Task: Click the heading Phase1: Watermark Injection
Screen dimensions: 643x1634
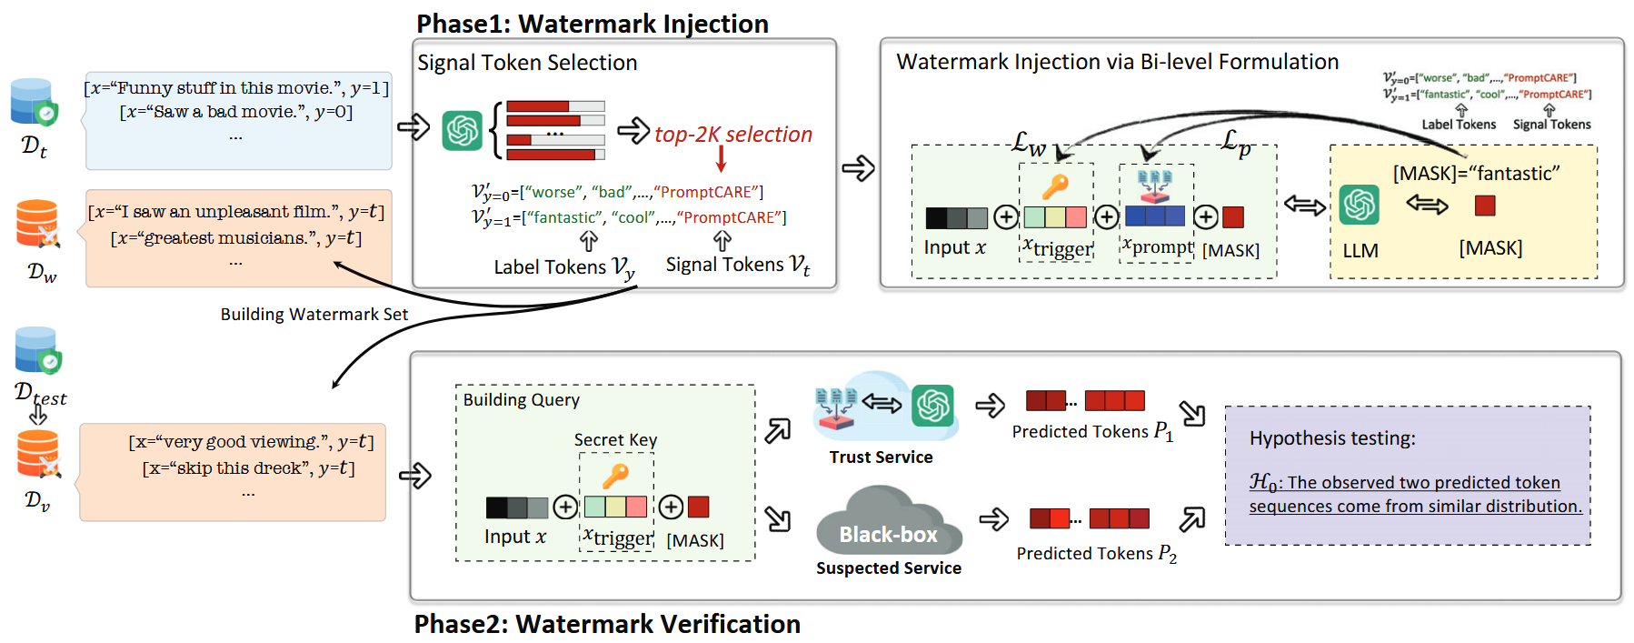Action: click(x=592, y=24)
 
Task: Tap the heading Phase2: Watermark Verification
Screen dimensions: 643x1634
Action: click(x=606, y=624)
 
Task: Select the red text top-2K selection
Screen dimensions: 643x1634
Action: click(x=732, y=135)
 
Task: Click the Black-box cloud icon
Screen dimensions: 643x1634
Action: click(x=888, y=523)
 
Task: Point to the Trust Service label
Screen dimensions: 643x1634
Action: click(x=881, y=457)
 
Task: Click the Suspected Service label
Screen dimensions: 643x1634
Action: click(x=888, y=568)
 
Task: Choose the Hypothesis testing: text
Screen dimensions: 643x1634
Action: click(x=1331, y=438)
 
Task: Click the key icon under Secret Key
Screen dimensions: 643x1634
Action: click(x=615, y=475)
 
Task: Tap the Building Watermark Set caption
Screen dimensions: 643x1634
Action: click(x=314, y=315)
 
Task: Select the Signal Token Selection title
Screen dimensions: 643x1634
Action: click(x=527, y=63)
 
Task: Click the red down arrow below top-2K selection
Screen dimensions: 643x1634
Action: click(x=722, y=158)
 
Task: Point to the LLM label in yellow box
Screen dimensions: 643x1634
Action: click(x=1360, y=251)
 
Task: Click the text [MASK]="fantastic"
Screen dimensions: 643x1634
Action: click(x=1476, y=174)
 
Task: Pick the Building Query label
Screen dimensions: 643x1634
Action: click(x=521, y=400)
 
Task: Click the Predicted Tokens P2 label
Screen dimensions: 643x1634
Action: click(x=1096, y=554)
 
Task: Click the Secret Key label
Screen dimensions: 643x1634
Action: click(x=615, y=440)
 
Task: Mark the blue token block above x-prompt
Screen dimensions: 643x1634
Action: click(x=1154, y=216)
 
